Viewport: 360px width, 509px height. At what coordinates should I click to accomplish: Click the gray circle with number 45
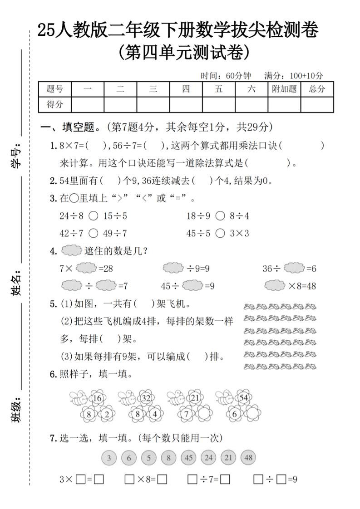188,458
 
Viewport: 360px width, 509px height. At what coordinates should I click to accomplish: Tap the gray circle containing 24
208,458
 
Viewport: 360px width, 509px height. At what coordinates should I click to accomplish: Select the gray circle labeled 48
248,458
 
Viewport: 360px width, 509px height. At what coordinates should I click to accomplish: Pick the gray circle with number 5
148,458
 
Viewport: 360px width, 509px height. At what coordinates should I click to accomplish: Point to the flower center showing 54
243,398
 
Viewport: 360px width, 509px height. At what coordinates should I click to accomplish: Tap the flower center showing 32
146,398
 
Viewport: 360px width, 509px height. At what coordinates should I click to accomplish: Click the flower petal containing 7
186,414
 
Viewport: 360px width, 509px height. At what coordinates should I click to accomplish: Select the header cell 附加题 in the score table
284,89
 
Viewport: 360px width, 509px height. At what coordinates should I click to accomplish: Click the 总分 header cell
317,89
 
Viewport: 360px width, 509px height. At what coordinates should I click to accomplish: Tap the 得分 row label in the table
55,104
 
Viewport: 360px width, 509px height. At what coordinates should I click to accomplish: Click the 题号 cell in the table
55,89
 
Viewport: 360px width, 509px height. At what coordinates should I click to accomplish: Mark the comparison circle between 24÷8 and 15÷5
93,216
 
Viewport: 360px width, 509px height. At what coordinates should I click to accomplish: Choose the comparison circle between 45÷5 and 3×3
220,234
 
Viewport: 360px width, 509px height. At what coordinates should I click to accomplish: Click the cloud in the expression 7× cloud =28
86,268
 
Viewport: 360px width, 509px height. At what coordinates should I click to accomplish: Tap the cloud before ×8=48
275,286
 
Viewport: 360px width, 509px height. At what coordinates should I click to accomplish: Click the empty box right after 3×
80,479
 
